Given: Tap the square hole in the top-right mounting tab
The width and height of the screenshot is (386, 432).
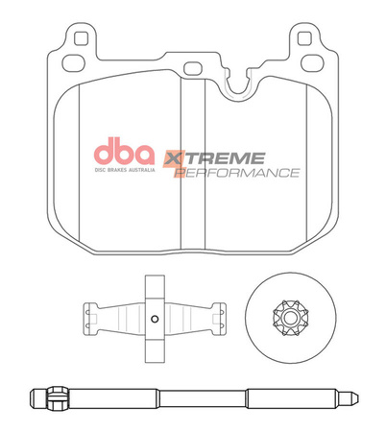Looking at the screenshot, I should coord(306,39).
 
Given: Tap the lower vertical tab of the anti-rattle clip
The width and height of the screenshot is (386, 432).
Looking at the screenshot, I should coord(154,348).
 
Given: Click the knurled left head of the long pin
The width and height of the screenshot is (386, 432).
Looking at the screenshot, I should coord(39,396).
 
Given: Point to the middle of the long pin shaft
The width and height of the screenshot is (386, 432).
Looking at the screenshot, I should coord(192,396).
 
